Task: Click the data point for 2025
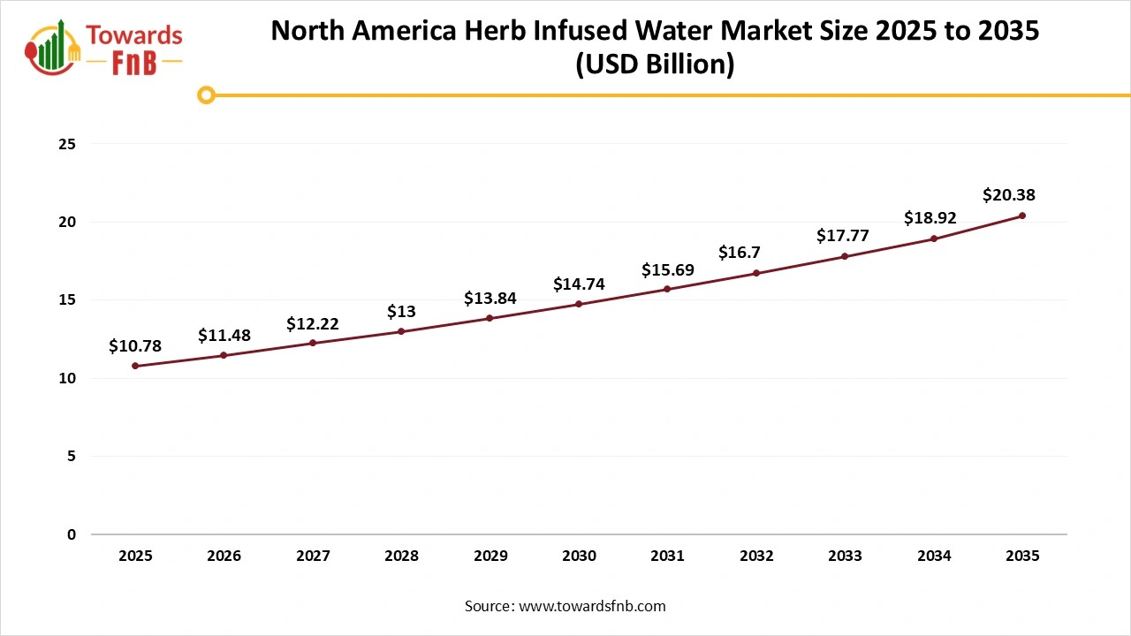pyautogui.click(x=135, y=366)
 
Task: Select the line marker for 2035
pyautogui.click(x=1022, y=216)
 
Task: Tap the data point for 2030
pyautogui.click(x=579, y=304)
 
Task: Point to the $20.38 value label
pyautogui.click(x=1008, y=195)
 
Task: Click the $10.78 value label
pyautogui.click(x=135, y=346)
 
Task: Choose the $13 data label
pyautogui.click(x=401, y=312)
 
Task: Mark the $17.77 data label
pyautogui.click(x=845, y=236)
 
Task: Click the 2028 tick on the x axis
pyautogui.click(x=401, y=556)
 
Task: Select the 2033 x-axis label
pyautogui.click(x=845, y=556)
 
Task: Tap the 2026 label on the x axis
pyautogui.click(x=224, y=556)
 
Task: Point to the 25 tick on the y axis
pyautogui.click(x=67, y=144)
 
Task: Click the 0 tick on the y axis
pyautogui.click(x=72, y=534)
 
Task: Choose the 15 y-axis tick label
pyautogui.click(x=67, y=300)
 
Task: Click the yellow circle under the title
pyautogui.click(x=206, y=95)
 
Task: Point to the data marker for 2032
pyautogui.click(x=755, y=273)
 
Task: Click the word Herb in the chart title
pyautogui.click(x=492, y=30)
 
